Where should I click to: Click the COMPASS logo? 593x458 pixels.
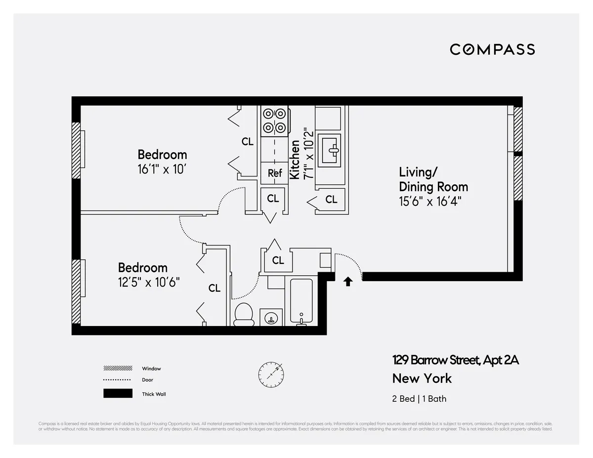[x=492, y=49]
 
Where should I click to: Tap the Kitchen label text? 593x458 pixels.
[x=295, y=160]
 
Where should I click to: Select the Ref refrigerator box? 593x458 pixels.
[x=275, y=173]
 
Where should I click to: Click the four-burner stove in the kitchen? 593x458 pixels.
[x=275, y=121]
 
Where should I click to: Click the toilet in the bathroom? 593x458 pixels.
[x=243, y=315]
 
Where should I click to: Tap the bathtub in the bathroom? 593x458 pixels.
[x=301, y=301]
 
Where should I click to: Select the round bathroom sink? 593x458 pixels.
[x=271, y=318]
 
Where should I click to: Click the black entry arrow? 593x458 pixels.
[x=348, y=281]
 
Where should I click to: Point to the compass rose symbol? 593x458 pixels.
[x=271, y=374]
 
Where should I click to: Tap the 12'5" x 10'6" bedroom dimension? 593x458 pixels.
[x=149, y=283]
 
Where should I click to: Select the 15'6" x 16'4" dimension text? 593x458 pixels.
[x=430, y=201]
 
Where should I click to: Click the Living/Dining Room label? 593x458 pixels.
[x=433, y=179]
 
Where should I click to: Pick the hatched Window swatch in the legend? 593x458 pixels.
[x=118, y=369]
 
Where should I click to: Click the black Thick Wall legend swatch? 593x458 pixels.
[x=118, y=393]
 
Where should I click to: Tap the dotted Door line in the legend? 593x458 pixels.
[x=118, y=380]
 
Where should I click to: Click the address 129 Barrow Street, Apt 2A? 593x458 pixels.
[x=456, y=360]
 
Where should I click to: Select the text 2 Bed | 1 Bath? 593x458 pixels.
[x=419, y=399]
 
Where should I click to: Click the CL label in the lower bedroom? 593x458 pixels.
[x=214, y=288]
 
